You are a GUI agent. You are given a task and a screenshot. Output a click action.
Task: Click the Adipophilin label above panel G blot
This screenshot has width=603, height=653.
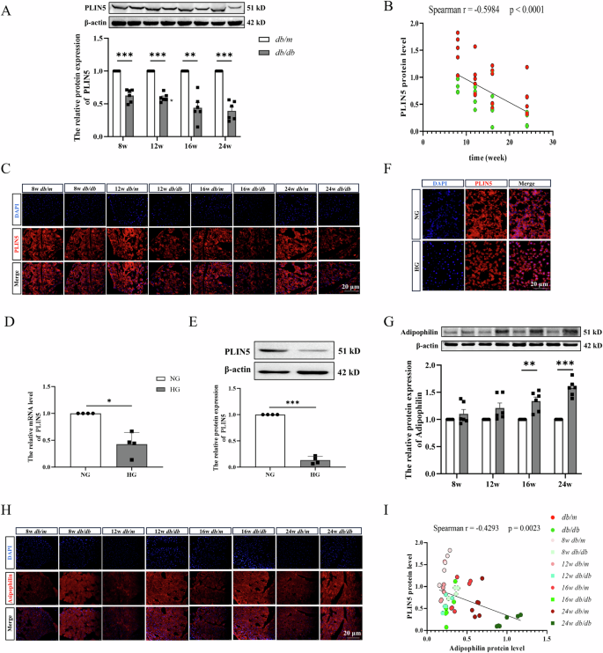(x=394, y=331)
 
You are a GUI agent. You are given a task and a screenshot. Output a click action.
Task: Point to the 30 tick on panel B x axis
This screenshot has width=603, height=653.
(x=553, y=143)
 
